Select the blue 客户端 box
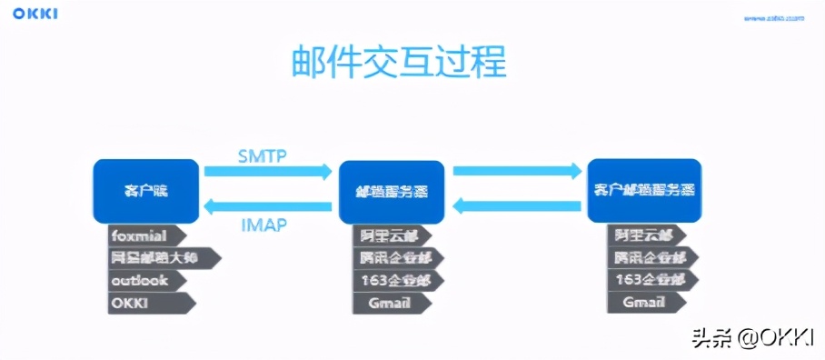point(145,191)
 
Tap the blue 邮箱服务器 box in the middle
point(391,193)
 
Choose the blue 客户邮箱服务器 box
point(644,190)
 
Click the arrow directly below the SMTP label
point(267,171)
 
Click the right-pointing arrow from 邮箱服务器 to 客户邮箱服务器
point(516,171)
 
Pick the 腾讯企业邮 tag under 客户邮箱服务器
point(647,257)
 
